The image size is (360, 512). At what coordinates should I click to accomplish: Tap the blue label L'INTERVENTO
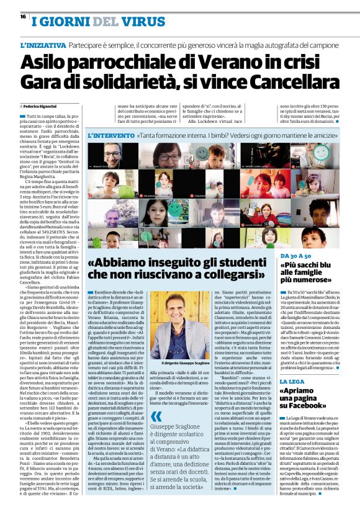tap(110, 135)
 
